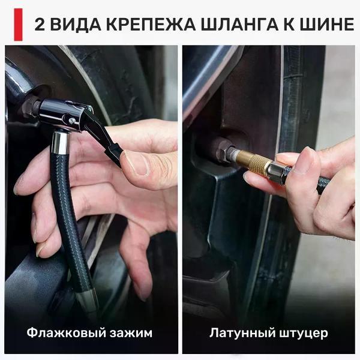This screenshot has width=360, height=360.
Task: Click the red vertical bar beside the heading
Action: point(19,25)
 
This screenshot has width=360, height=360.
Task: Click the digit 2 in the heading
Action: point(40,25)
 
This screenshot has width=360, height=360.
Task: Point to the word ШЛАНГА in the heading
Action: point(239,25)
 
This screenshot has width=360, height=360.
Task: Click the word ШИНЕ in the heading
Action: point(327,25)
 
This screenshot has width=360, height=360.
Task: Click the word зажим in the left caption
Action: point(131,333)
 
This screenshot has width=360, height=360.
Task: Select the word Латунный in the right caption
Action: point(242,332)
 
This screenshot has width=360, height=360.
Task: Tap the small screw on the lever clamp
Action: point(72,120)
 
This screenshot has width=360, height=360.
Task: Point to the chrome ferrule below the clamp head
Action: point(60,142)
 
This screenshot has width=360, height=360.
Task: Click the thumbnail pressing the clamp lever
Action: point(134,163)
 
